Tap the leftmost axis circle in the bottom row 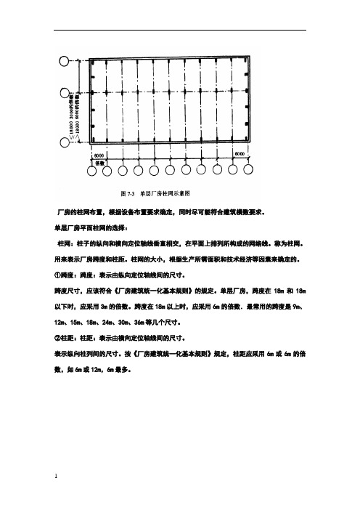91,171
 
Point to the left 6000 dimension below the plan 100,155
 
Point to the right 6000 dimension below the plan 240,155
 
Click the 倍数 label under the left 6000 100,163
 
